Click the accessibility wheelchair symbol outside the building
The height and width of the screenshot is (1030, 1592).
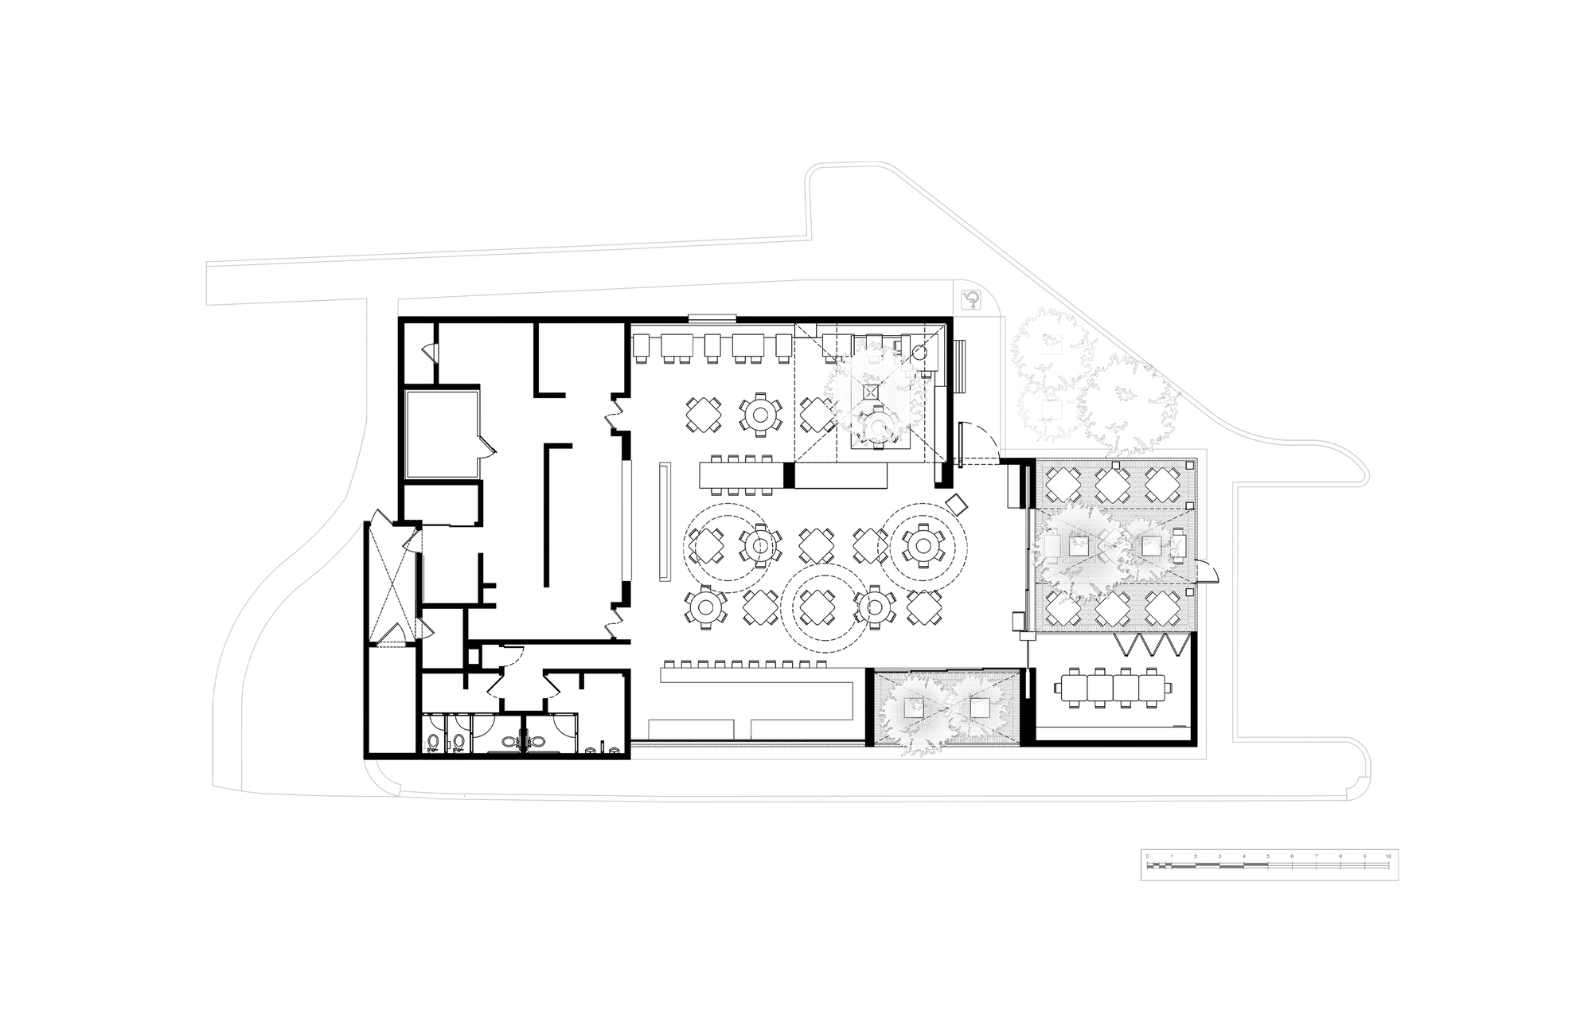click(x=972, y=300)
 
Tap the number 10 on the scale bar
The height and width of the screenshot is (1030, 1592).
click(x=1388, y=856)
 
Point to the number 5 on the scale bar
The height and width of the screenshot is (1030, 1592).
click(x=1267, y=856)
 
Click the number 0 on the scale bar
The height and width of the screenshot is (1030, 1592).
click(x=1147, y=856)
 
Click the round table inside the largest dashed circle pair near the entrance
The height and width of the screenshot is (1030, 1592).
click(x=923, y=545)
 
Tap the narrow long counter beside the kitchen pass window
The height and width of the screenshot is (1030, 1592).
click(x=663, y=523)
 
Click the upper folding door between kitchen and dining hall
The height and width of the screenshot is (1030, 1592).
click(x=616, y=414)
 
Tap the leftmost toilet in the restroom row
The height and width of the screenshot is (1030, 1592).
click(x=433, y=743)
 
